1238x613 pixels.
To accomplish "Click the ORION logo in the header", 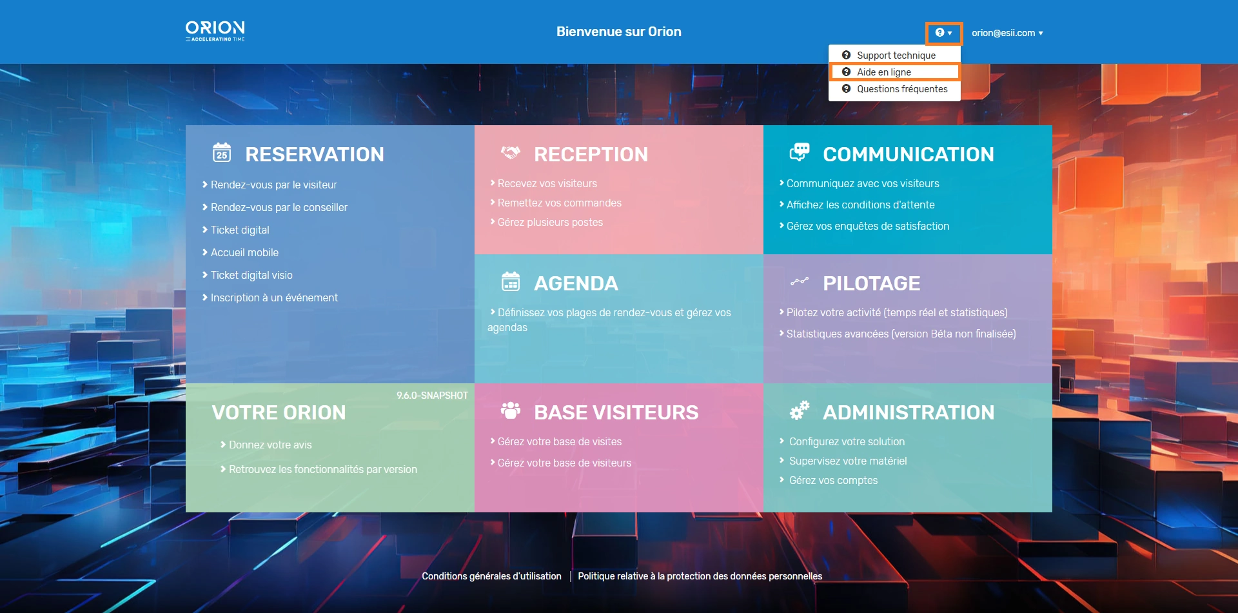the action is click(x=215, y=31).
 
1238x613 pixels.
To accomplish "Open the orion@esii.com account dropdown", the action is click(x=1007, y=33).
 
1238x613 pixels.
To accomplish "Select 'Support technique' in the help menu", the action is click(x=896, y=55).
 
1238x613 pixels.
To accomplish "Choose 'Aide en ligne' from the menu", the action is click(x=883, y=72).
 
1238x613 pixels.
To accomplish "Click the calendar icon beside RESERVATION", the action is click(x=222, y=152).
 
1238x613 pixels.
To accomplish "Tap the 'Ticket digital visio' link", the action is click(x=251, y=275).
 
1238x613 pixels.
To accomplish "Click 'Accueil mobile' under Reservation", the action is click(x=244, y=252).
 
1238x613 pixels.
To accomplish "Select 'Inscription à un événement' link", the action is click(x=274, y=297).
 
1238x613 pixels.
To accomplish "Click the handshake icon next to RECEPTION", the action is click(x=511, y=153).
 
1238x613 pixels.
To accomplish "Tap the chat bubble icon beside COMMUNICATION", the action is click(x=800, y=152).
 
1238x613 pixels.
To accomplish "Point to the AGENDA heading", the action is click(x=576, y=283).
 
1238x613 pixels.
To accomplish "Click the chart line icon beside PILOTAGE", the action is click(x=800, y=281).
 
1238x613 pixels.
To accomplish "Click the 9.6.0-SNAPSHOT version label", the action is click(x=432, y=396).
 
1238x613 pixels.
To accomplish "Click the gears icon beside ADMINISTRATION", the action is click(x=800, y=410).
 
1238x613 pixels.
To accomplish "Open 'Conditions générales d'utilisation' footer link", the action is click(x=491, y=576).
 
